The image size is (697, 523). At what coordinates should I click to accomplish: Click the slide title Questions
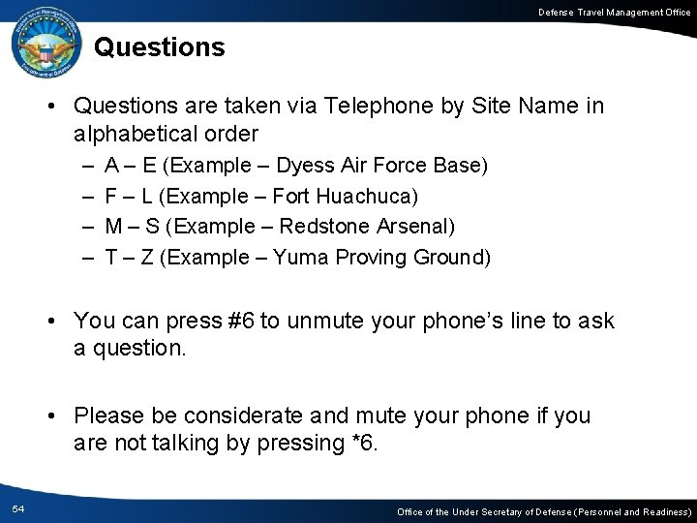coord(160,46)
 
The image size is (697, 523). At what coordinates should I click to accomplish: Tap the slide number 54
coord(19,508)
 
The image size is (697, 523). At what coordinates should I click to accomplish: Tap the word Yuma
coord(295,258)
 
